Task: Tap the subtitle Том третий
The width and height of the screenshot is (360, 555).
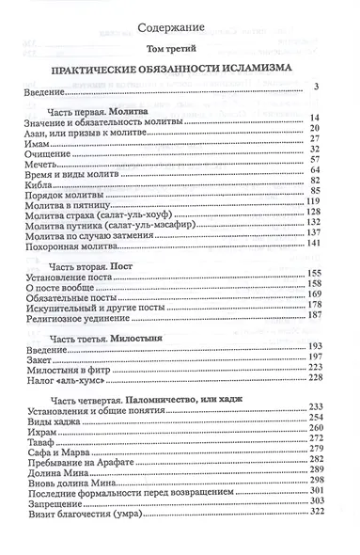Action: (180, 49)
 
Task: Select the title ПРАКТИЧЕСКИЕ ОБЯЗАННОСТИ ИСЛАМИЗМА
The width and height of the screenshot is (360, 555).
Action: (180, 71)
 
